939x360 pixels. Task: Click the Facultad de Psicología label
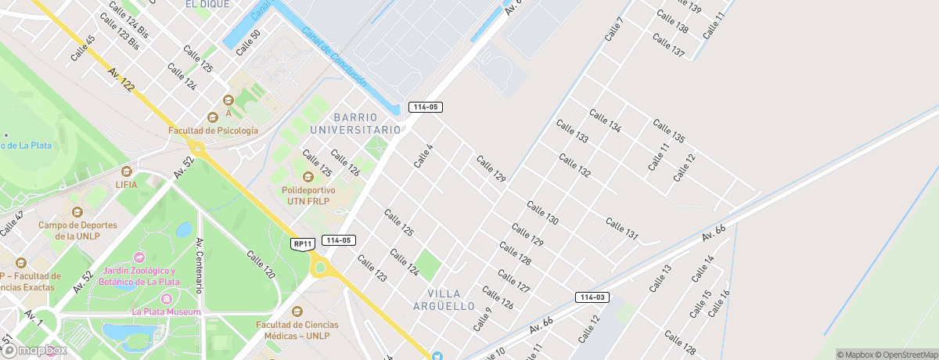click(x=212, y=131)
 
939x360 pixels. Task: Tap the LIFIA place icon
click(x=126, y=171)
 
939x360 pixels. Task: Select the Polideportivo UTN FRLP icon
click(x=308, y=177)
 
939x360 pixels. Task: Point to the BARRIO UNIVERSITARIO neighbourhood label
click(x=355, y=123)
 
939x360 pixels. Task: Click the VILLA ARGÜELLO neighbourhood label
click(x=444, y=298)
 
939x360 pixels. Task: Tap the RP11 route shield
click(x=304, y=244)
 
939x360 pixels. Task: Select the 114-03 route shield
click(x=592, y=297)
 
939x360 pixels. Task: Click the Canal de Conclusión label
click(x=334, y=57)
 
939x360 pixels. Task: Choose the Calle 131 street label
click(x=622, y=229)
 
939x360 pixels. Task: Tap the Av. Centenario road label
click(x=201, y=265)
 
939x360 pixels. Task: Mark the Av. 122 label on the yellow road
click(x=122, y=81)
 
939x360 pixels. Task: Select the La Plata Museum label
click(x=167, y=311)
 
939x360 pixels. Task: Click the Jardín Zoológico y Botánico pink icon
click(x=139, y=257)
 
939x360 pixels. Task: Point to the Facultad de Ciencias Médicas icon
click(x=297, y=311)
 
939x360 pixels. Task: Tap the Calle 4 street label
click(x=423, y=155)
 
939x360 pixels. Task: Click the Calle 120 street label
click(x=261, y=265)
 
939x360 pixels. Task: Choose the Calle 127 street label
click(x=513, y=282)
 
